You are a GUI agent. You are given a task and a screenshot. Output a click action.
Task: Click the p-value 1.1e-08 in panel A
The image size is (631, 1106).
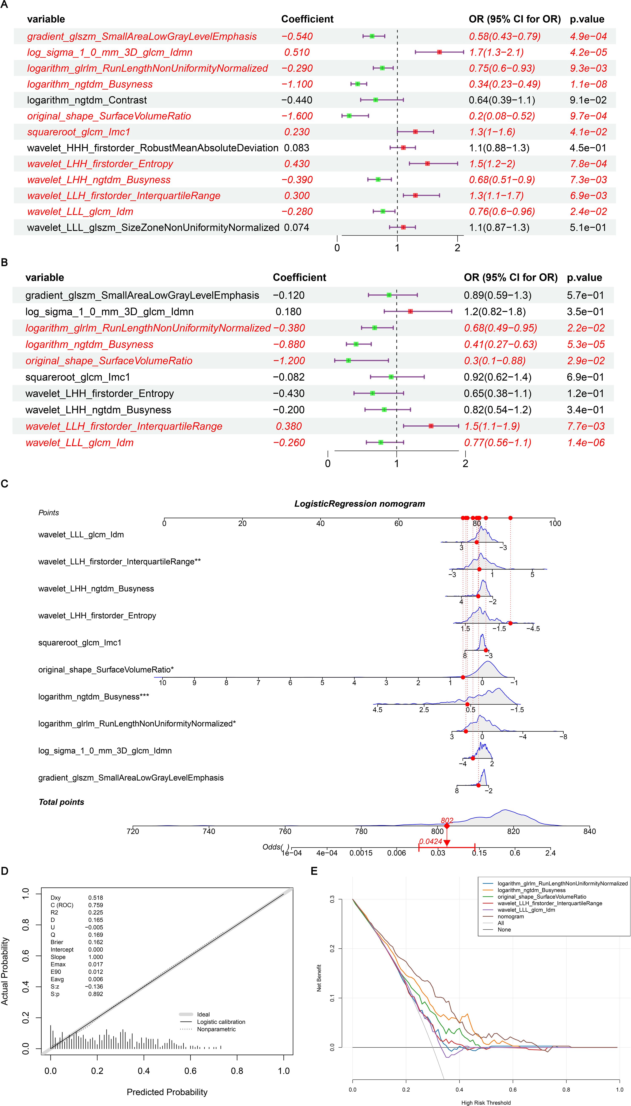click(x=588, y=84)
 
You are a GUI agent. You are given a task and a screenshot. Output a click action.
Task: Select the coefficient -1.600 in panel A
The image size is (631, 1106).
click(x=297, y=116)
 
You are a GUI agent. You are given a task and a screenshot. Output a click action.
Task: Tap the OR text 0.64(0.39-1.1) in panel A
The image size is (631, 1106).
click(x=501, y=100)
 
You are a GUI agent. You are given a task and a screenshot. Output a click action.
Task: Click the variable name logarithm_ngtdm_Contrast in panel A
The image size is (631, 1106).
click(x=87, y=100)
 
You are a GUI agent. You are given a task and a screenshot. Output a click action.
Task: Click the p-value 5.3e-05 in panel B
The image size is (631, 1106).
click(x=586, y=345)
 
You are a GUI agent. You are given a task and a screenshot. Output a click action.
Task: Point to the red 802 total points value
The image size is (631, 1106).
click(x=447, y=820)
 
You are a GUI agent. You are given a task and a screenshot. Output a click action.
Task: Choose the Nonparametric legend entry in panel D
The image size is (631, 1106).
click(x=216, y=1029)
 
